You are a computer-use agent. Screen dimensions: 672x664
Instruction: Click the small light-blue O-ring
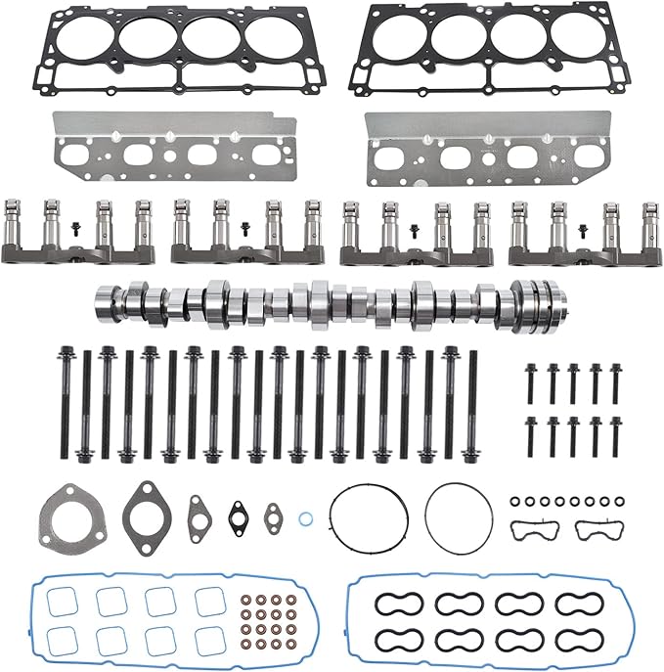[x=306, y=517]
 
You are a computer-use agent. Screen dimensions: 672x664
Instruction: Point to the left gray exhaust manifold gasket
[x=170, y=150]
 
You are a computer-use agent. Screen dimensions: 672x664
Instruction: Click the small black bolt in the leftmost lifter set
[x=74, y=232]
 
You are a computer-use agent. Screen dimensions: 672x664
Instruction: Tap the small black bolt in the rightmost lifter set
[x=583, y=232]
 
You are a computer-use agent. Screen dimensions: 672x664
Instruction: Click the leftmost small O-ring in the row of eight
[x=514, y=502]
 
